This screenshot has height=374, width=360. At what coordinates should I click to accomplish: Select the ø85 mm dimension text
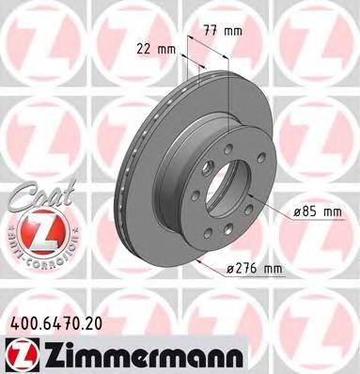click(x=316, y=212)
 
